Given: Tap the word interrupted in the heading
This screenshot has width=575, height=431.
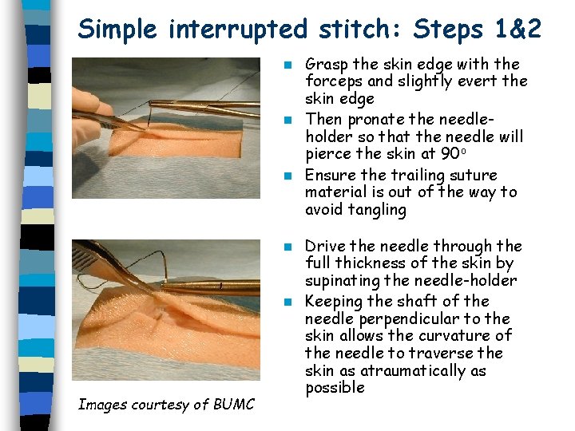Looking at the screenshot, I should [238, 30].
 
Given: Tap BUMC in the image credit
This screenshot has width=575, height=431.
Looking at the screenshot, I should [233, 405].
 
